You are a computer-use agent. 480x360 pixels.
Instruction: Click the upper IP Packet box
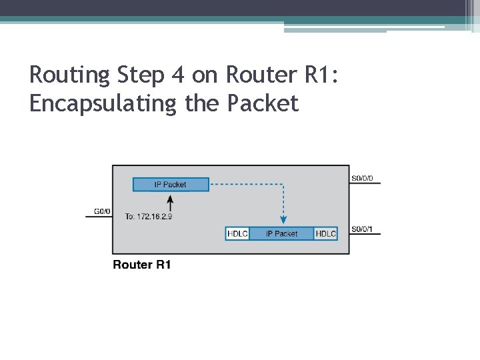click(171, 184)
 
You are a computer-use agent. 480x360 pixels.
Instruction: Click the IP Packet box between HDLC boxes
click(281, 233)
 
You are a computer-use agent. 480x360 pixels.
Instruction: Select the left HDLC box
click(238, 233)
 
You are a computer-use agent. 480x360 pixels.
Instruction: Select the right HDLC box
click(326, 233)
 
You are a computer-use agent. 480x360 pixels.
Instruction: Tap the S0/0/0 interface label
click(362, 179)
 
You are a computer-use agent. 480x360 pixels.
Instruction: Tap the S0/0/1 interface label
click(362, 230)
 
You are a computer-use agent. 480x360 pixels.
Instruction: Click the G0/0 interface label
click(101, 211)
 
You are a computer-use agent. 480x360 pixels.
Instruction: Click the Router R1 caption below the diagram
click(142, 265)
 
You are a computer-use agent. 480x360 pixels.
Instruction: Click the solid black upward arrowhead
click(171, 198)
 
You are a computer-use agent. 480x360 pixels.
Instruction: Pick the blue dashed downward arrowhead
click(283, 219)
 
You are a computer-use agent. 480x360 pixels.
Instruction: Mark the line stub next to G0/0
click(99, 217)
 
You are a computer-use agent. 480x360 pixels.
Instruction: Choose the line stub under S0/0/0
click(365, 184)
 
